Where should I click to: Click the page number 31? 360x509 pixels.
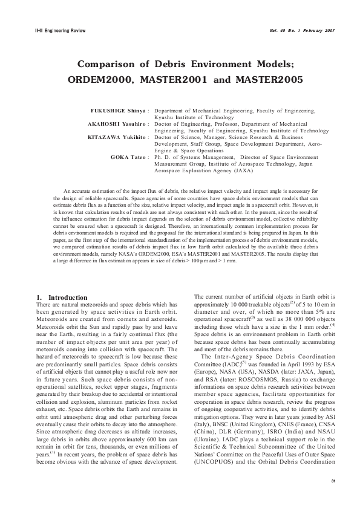[333, 480]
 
